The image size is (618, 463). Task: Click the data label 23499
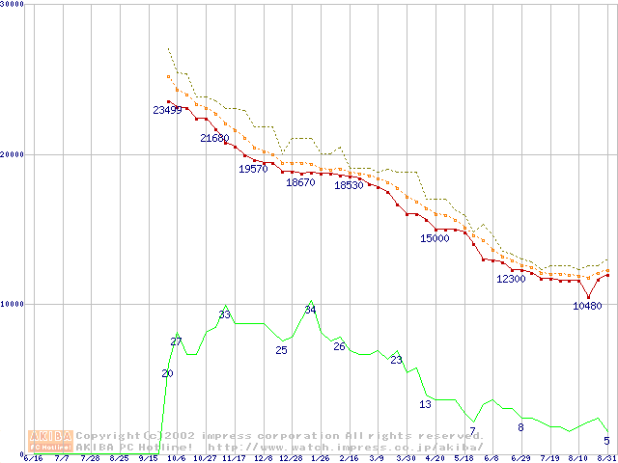(167, 110)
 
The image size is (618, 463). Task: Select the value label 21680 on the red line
(214, 139)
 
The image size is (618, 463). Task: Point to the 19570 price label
(253, 169)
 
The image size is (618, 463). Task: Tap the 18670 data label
(300, 183)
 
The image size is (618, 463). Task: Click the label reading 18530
(349, 185)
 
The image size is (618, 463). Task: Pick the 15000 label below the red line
(435, 238)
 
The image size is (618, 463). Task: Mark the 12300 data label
(511, 279)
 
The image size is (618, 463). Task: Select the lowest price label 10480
(587, 306)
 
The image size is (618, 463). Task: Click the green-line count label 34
(310, 310)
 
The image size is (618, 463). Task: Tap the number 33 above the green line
(224, 314)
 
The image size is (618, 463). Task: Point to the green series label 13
(425, 404)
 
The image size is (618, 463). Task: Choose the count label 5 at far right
(606, 441)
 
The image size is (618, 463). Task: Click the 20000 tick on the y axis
(14, 154)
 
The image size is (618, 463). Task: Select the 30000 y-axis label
(14, 5)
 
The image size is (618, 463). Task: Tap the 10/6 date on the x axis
(177, 458)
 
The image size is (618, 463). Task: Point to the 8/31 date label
(606, 458)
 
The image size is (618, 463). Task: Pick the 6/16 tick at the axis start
(33, 458)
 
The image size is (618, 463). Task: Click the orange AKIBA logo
(50, 441)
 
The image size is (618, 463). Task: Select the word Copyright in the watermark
(107, 436)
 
